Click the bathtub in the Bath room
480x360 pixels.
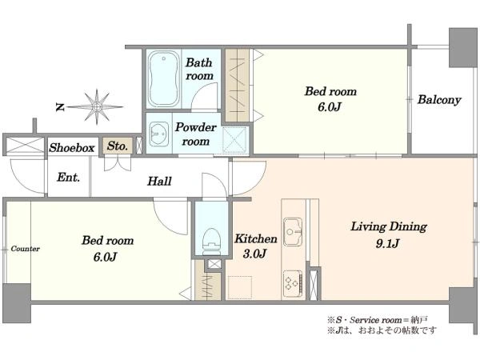point(164,78)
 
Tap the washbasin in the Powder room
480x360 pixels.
point(159,134)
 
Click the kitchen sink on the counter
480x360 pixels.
point(293,232)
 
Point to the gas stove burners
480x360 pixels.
point(293,283)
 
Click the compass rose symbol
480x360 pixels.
point(97,107)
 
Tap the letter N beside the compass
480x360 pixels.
point(60,107)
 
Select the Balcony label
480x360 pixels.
point(439,100)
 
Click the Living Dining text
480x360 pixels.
point(389,226)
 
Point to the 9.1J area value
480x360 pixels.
point(387,244)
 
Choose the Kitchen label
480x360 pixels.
point(256,238)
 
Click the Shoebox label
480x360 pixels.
point(72,148)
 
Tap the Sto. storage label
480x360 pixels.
point(118,146)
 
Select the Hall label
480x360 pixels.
point(159,181)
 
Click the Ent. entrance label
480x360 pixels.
point(69,178)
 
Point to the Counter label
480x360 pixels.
point(25,249)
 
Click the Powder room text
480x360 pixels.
point(196,134)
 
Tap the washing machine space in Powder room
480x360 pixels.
point(234,139)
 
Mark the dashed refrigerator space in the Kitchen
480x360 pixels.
point(240,287)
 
